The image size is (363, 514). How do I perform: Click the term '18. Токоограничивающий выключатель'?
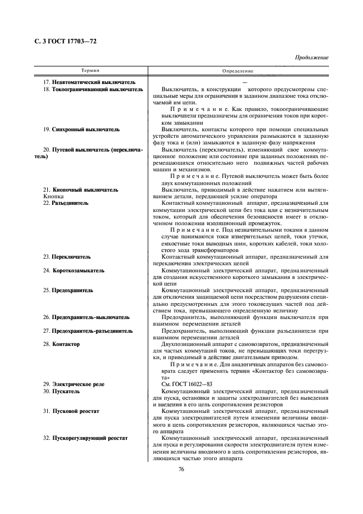[x=93, y=89]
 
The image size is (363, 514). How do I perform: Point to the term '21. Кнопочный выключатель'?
[x=80, y=189]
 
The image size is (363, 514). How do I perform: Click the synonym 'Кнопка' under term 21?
[x=53, y=196]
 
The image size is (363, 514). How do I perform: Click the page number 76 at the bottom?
[x=181, y=468]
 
